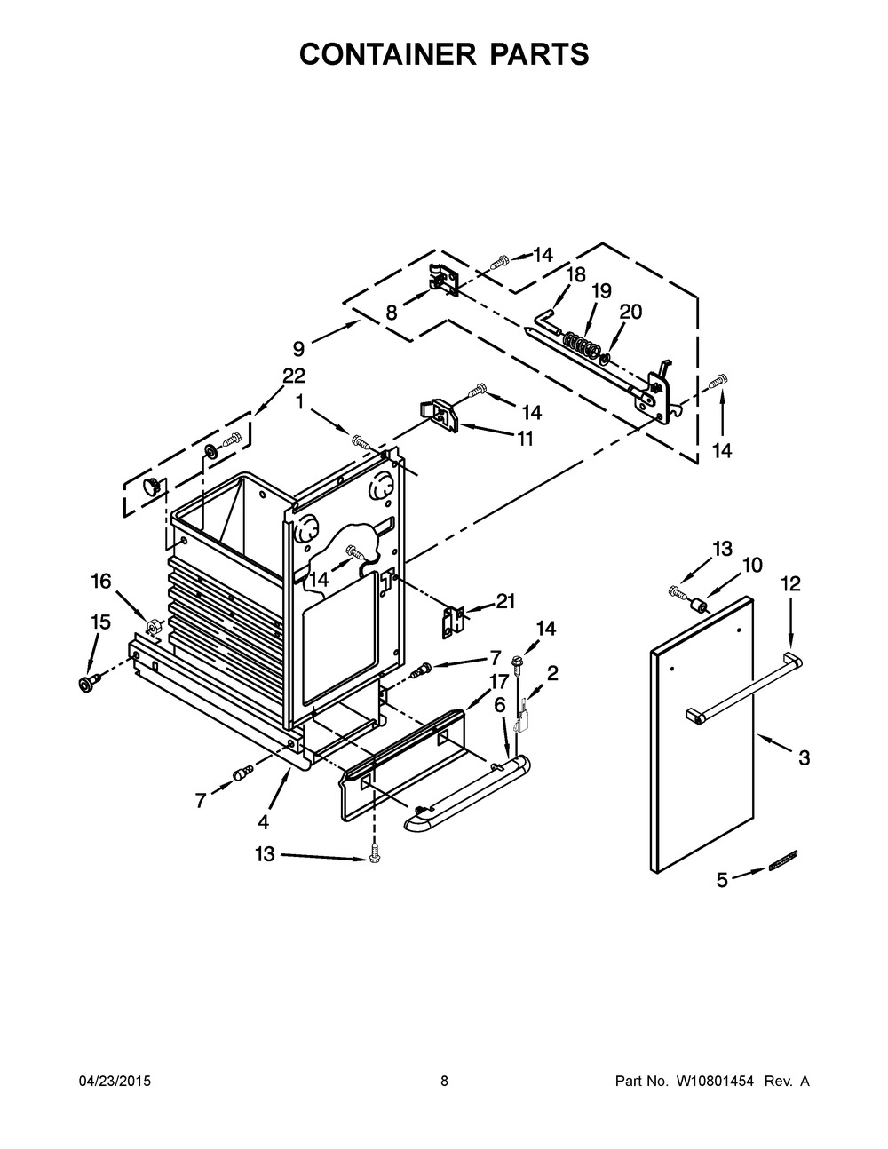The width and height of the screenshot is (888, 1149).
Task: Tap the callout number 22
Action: (x=294, y=376)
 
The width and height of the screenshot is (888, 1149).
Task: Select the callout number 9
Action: (x=298, y=349)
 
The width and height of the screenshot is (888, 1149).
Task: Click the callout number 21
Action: (x=505, y=601)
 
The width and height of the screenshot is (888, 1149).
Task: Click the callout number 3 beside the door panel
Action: (x=804, y=757)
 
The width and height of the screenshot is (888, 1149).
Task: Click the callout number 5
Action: (x=722, y=880)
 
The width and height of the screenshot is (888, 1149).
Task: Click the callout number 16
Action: (x=102, y=581)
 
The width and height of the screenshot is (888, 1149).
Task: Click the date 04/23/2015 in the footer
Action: (x=115, y=1082)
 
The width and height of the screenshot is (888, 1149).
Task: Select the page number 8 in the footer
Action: (x=444, y=1082)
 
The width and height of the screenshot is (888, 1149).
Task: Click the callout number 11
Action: (x=525, y=438)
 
